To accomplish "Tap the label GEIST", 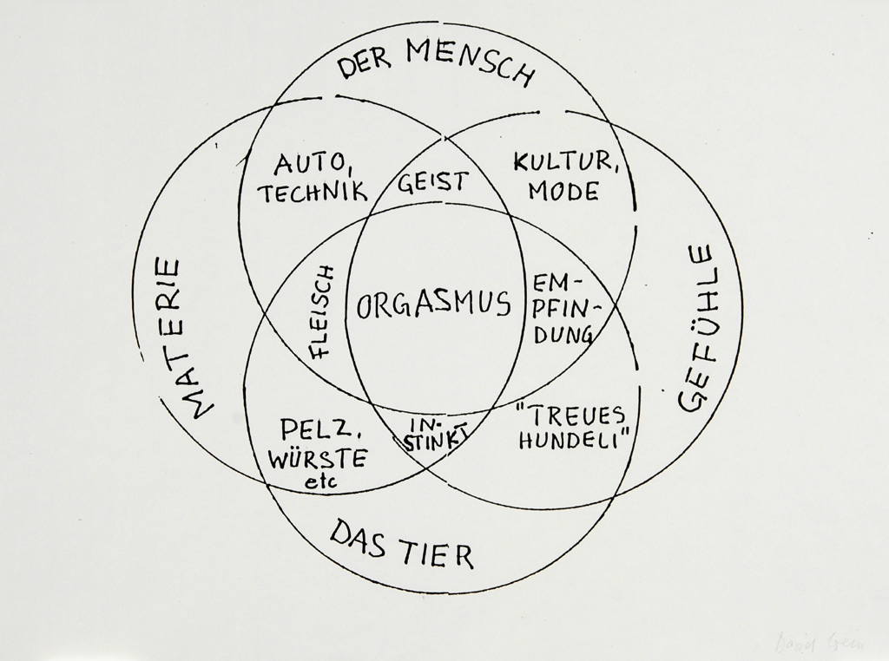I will [x=433, y=182].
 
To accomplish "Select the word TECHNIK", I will [x=310, y=192].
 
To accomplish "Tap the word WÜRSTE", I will [x=317, y=457].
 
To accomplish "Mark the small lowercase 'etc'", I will [x=320, y=482].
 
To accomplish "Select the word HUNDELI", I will [x=572, y=441].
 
